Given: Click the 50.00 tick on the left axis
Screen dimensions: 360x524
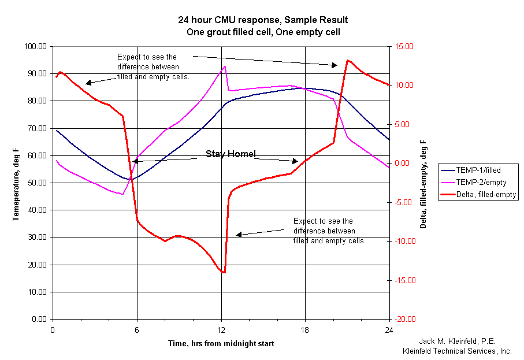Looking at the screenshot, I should (x=36, y=183).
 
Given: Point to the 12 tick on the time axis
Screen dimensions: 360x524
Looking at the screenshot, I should (x=221, y=330).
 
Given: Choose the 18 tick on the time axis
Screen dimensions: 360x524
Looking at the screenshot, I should (x=305, y=330).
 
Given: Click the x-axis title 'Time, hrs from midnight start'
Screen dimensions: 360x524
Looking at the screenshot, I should (x=221, y=344).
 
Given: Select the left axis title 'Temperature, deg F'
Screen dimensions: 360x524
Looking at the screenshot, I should (x=16, y=183).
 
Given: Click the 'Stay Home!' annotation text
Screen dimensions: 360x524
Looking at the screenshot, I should (x=231, y=154).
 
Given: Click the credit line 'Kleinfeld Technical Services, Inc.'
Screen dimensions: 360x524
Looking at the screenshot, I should (x=457, y=350).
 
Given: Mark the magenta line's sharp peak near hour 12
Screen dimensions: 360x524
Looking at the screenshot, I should (x=224, y=66).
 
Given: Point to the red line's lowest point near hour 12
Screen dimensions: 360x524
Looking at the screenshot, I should (x=223, y=272).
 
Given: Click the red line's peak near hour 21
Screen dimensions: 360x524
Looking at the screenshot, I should (x=347, y=60).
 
